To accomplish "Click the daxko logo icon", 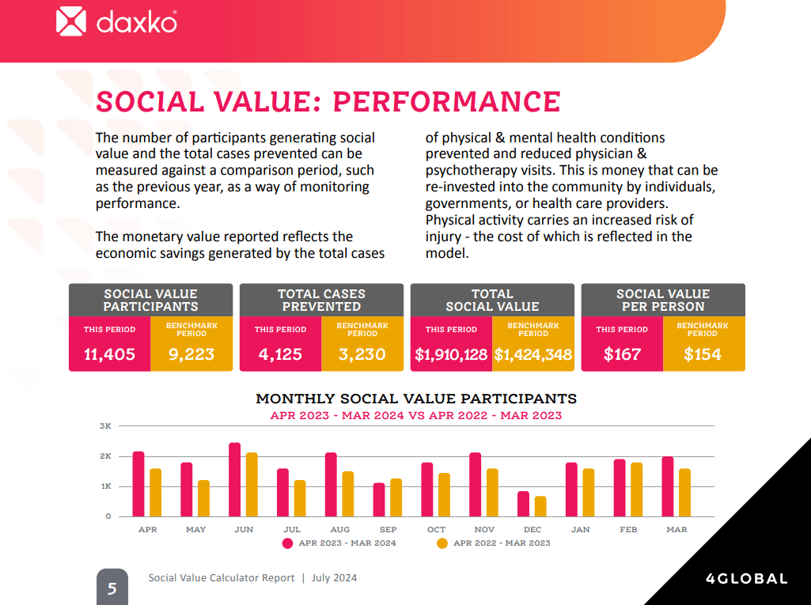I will (x=71, y=21).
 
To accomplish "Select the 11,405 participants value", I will (x=109, y=354).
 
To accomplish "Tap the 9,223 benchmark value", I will (x=191, y=354).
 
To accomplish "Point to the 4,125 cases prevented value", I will (x=280, y=354).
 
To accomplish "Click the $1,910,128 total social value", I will (x=451, y=354).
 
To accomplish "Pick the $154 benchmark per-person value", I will (x=703, y=354).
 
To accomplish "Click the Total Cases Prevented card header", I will (x=321, y=300).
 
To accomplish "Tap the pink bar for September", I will (x=379, y=500).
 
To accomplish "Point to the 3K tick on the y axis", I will (x=105, y=426).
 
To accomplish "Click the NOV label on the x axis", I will (x=484, y=529).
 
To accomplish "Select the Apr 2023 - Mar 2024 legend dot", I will (x=287, y=543).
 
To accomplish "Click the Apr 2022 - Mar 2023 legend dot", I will (x=442, y=543).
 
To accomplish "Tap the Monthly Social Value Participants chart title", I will (x=416, y=399).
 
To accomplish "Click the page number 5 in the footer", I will (x=112, y=588).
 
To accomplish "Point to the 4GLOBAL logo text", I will (x=746, y=579).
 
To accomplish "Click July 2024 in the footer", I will (x=334, y=578).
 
